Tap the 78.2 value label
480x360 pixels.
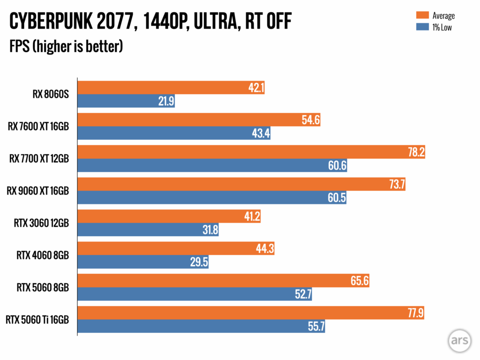[x=415, y=152]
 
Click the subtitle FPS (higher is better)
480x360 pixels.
[x=66, y=46]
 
